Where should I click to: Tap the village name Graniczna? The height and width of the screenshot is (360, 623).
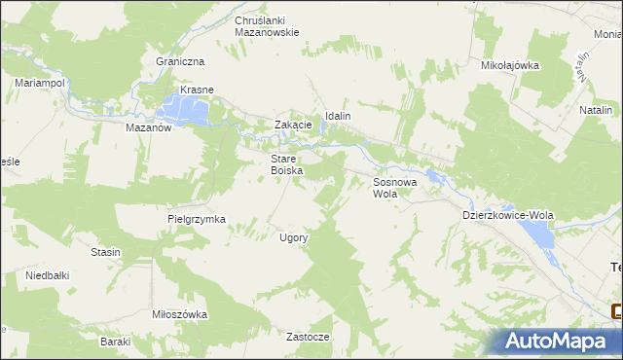[x=178, y=60]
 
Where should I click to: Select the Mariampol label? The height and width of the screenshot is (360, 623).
[x=40, y=84]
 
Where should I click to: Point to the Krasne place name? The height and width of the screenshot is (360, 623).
[x=195, y=90]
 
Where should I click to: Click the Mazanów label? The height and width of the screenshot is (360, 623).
[x=149, y=126]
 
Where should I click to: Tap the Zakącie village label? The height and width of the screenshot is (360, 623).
[x=293, y=125]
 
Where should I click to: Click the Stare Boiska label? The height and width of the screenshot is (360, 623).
[x=287, y=163]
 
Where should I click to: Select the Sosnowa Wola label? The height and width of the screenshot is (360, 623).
[x=395, y=187]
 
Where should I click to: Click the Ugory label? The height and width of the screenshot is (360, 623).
[x=294, y=237]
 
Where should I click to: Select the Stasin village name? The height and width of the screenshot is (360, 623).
[x=105, y=252]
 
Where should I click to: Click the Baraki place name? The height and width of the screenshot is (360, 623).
[x=116, y=342]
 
